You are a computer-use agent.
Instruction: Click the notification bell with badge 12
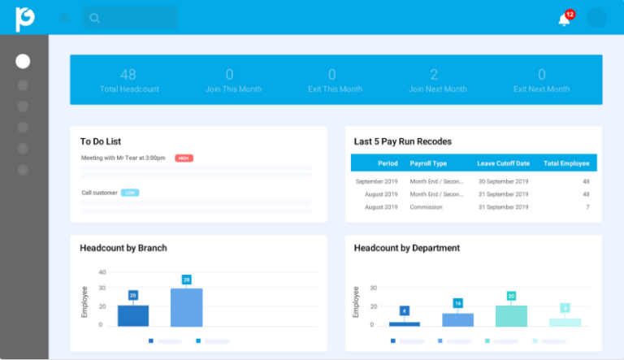point(565,19)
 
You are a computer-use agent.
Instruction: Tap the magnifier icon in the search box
point(95,18)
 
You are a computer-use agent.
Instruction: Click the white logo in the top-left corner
point(24,18)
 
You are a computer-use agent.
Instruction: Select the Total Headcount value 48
point(128,75)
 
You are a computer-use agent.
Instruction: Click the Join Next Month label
point(437,89)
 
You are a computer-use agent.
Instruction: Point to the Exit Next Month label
point(541,89)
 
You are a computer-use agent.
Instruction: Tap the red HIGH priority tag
point(184,158)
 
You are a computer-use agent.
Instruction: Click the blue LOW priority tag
point(130,193)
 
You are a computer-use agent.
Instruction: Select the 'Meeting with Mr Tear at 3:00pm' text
point(123,158)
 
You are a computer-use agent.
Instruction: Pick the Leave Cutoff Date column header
point(503,163)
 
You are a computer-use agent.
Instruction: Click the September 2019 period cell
point(376,182)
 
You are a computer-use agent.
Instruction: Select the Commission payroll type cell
point(427,207)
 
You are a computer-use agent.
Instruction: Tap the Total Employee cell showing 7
point(587,207)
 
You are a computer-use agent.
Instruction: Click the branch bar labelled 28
point(186,307)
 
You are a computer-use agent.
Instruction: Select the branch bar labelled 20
point(133,315)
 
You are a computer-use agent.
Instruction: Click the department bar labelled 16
point(457,319)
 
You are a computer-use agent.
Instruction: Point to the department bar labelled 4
point(405,323)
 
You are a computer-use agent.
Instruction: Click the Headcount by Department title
point(406,248)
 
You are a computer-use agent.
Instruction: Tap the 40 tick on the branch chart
point(102,272)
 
